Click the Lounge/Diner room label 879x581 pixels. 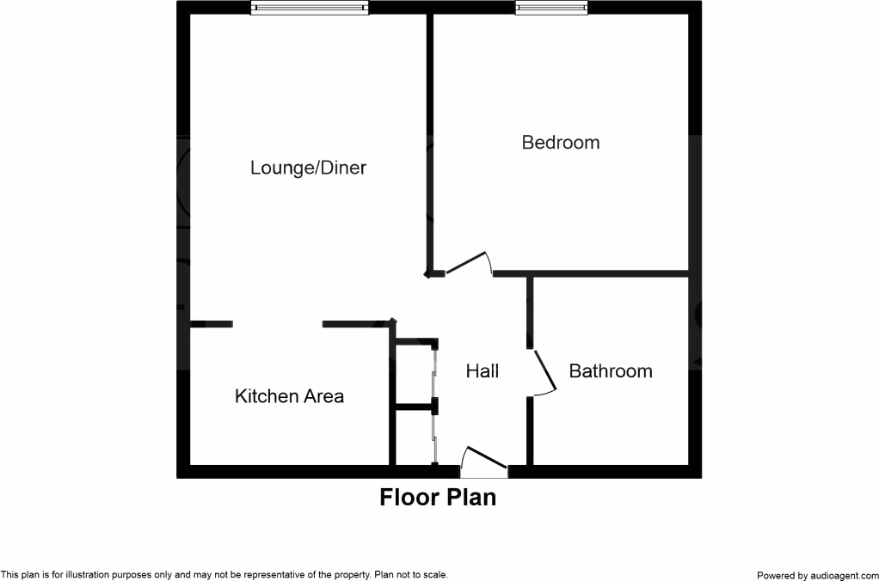pos(308,168)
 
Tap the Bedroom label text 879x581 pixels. pos(561,142)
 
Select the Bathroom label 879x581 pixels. pos(611,371)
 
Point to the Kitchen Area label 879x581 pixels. pos(289,396)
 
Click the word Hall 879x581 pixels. pos(483,371)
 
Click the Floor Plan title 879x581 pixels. pos(438,497)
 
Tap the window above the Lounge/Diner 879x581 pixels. pos(310,8)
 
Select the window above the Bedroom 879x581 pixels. pos(552,8)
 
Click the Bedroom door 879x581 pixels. pos(467,264)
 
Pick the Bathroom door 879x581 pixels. pos(544,372)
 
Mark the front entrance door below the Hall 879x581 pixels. pos(483,464)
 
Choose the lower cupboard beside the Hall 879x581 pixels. pos(415,437)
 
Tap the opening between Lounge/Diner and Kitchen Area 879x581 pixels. pos(277,324)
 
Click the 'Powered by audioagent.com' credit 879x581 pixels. pos(816,575)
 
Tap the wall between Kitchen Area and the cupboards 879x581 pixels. pos(391,395)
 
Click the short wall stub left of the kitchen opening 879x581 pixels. pos(211,324)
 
